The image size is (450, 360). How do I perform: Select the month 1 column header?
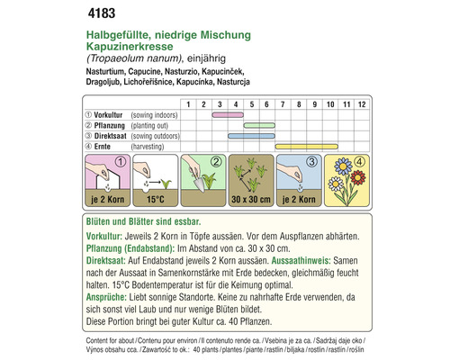coord(187,104)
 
